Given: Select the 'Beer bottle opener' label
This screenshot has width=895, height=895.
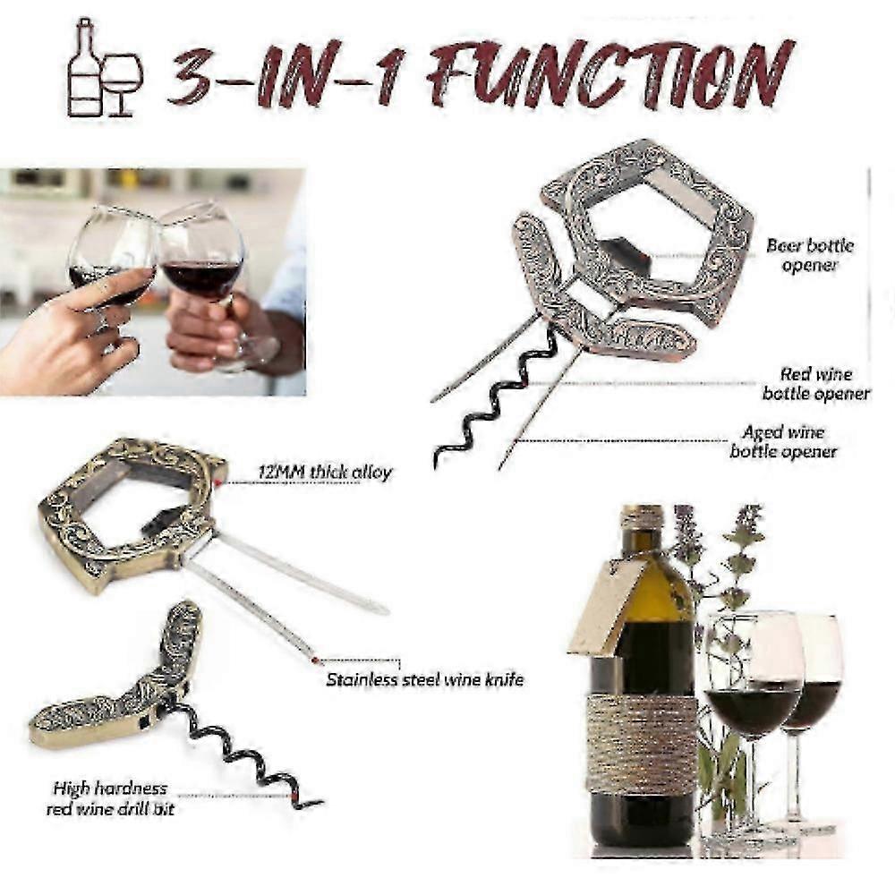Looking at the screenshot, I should [809, 255].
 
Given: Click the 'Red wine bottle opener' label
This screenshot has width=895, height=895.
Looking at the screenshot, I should [815, 384].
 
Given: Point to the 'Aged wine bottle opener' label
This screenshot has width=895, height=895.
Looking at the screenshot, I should [783, 442].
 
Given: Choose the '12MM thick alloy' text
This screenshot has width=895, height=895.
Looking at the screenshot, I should [325, 473].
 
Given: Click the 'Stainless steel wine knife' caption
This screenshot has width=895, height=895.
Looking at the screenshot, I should [424, 679].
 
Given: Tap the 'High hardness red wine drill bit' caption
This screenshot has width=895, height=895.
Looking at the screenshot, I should [110, 798].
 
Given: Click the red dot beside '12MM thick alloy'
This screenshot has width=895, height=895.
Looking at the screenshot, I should [217, 482].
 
